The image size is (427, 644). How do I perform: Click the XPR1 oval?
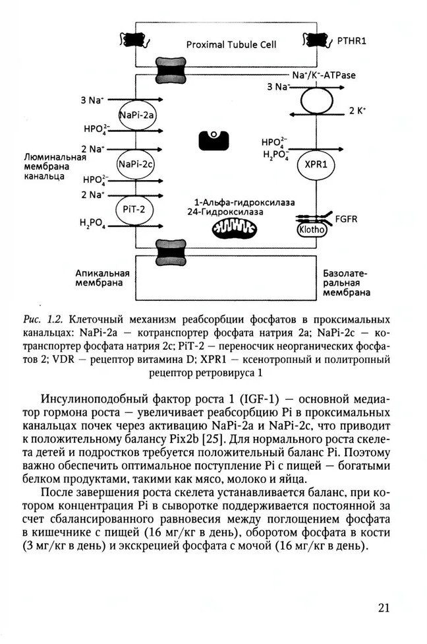pyautogui.click(x=317, y=166)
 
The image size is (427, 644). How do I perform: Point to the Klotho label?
pyautogui.click(x=312, y=231)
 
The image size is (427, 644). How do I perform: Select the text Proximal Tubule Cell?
pyautogui.click(x=230, y=45)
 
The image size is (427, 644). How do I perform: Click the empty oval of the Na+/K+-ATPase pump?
pyautogui.click(x=317, y=102)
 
